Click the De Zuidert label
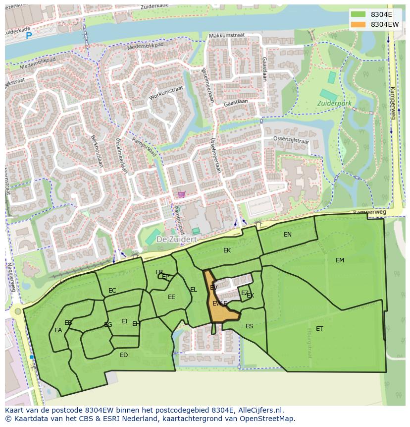click(x=176, y=239)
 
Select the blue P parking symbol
click(x=29, y=35)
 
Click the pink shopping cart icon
click(x=181, y=194)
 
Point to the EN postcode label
click(x=288, y=235)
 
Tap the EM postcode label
click(x=340, y=260)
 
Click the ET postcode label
click(x=319, y=329)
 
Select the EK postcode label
click(x=227, y=250)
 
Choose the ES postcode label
click(x=249, y=326)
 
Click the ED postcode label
click(x=124, y=355)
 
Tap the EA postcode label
click(x=58, y=330)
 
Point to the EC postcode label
click(x=112, y=291)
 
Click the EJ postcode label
click(x=124, y=321)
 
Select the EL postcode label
click(x=194, y=290)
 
